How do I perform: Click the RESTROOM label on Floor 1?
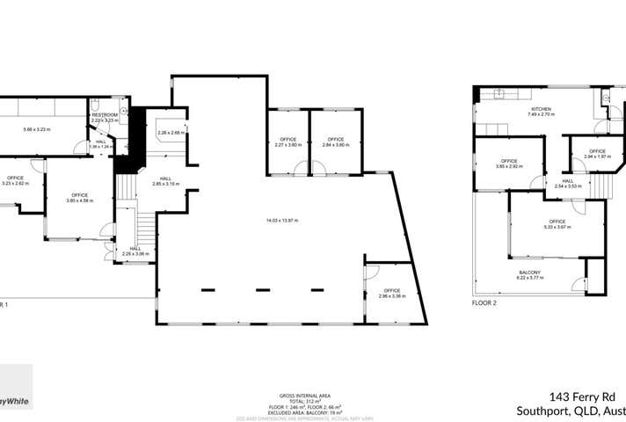105,114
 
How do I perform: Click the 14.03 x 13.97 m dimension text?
282,219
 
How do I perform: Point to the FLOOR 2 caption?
484,302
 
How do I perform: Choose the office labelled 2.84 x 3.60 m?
332,140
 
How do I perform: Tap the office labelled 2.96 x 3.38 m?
390,293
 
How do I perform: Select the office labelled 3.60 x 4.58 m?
79,197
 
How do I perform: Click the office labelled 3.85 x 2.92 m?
509,163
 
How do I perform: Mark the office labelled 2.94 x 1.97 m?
597,153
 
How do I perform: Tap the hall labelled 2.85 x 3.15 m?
165,180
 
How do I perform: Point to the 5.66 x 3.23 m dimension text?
37,129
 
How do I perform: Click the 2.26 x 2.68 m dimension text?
169,133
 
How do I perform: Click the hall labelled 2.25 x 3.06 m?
135,251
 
